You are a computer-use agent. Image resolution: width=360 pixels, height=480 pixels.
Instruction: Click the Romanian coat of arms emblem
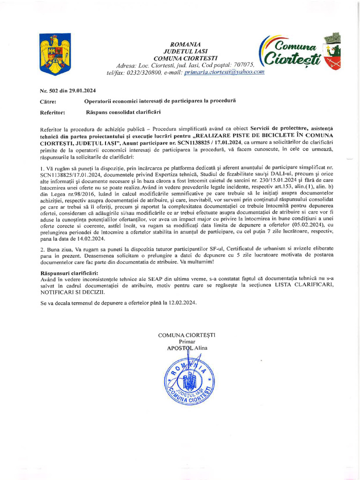[x=55, y=54]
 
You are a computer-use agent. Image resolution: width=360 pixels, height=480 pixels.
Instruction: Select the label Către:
[x=48, y=101]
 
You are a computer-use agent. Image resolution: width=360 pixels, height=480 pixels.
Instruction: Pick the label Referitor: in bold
[x=52, y=112]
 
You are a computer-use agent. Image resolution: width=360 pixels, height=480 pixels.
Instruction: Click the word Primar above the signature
[x=187, y=342]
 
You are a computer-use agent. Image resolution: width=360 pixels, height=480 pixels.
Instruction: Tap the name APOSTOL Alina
[x=187, y=348]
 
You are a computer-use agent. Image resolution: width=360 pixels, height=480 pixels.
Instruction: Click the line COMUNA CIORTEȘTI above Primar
[x=187, y=335]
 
